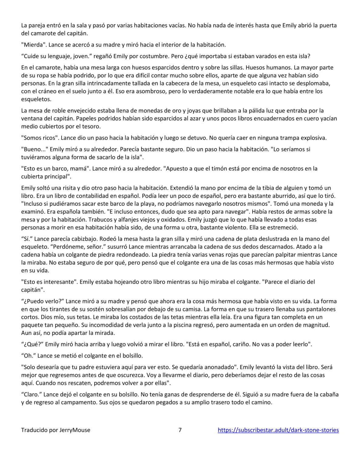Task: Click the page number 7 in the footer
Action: (x=180, y=430)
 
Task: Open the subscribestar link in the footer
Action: (x=278, y=430)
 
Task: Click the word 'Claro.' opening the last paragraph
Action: (x=31, y=394)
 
